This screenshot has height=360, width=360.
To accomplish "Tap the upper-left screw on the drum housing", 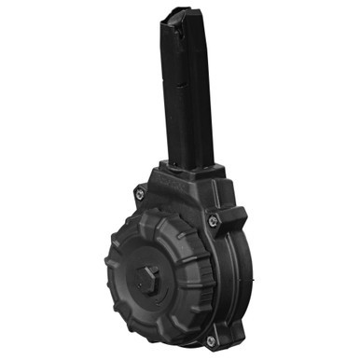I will [140, 192].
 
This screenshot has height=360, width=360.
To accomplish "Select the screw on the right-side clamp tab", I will [214, 221].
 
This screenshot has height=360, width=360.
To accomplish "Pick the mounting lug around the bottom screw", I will [210, 338].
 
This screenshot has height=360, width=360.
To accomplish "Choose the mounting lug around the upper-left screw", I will [140, 193].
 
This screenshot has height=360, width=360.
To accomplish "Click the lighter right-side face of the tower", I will [200, 93].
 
